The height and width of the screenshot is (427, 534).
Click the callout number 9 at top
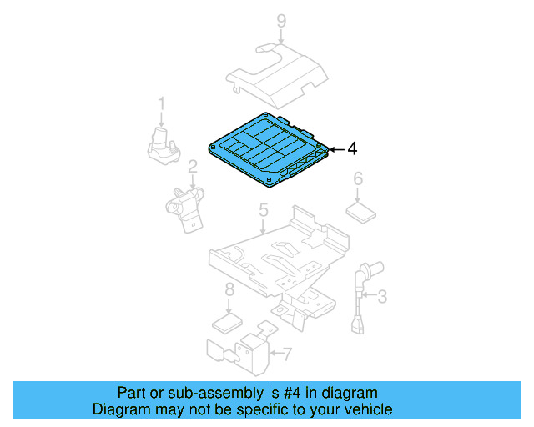[x=281, y=21]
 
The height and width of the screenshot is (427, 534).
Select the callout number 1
[x=161, y=103]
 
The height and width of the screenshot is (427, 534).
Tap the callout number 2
[x=193, y=167]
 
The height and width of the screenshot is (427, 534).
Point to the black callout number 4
[x=352, y=148]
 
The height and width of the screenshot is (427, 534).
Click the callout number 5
[x=264, y=210]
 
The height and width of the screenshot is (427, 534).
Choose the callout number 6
[x=358, y=178]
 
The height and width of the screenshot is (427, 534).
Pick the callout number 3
[x=382, y=296]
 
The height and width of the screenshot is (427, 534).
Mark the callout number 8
[x=230, y=289]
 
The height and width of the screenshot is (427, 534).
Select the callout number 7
[x=288, y=354]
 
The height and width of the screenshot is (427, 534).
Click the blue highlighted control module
[x=269, y=150]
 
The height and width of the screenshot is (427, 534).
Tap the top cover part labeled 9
[x=276, y=76]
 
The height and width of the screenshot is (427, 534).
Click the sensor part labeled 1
[x=164, y=147]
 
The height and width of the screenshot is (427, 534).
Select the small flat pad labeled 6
[x=361, y=213]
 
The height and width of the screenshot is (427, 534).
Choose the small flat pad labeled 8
[x=228, y=323]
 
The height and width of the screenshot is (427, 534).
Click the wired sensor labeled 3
[x=361, y=295]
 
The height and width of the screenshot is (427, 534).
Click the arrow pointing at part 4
[x=336, y=149]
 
